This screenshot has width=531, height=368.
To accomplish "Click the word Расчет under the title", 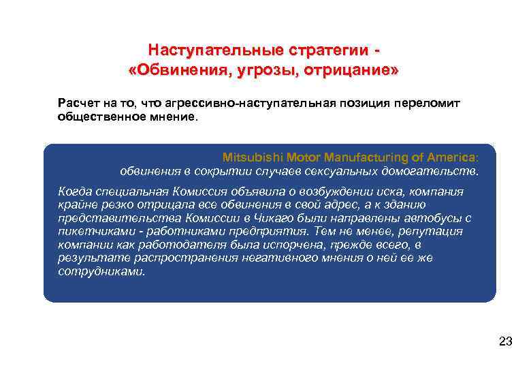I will click(x=76, y=103).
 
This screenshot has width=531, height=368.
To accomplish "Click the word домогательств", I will click(x=442, y=170).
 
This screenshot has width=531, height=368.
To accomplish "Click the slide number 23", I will click(x=505, y=342).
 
